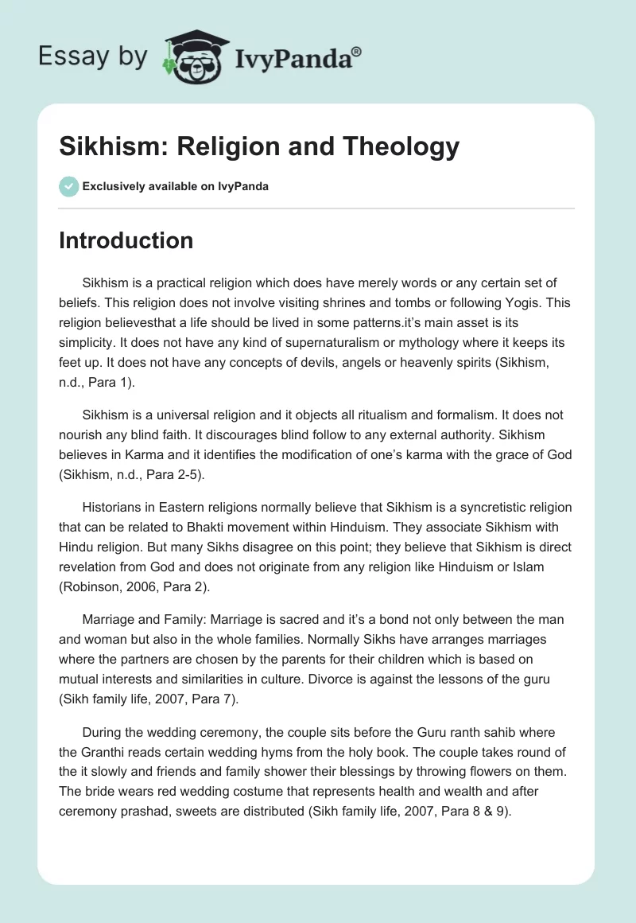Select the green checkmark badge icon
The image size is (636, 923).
[x=68, y=186]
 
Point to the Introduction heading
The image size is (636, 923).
[x=126, y=240]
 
